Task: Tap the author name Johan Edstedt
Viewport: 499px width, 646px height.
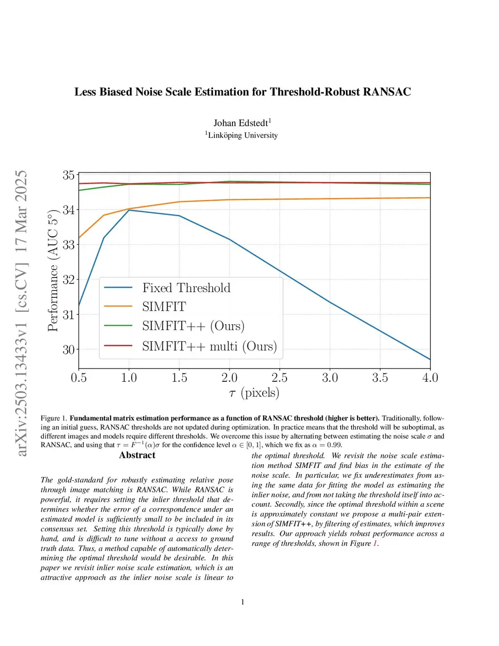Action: pyautogui.click(x=241, y=123)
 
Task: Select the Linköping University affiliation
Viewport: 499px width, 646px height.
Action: pyautogui.click(x=243, y=135)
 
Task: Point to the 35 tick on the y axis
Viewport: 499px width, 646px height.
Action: pyautogui.click(x=68, y=175)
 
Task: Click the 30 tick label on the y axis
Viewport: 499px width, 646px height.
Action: pyautogui.click(x=68, y=350)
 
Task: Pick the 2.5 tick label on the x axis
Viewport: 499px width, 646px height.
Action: pyautogui.click(x=279, y=378)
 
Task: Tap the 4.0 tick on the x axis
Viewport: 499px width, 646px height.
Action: pyautogui.click(x=430, y=378)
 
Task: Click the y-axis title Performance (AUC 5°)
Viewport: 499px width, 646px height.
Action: pyautogui.click(x=53, y=271)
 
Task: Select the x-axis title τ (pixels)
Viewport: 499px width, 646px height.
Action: pyautogui.click(x=254, y=393)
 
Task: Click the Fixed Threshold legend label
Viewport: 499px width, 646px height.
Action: pyautogui.click(x=186, y=288)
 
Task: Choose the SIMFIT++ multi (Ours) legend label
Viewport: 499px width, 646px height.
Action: pyautogui.click(x=210, y=346)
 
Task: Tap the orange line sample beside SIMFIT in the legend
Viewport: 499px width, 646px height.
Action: pyautogui.click(x=118, y=306)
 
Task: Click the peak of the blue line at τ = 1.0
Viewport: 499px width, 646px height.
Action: pyautogui.click(x=129, y=210)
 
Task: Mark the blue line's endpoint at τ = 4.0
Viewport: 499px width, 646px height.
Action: pyautogui.click(x=430, y=359)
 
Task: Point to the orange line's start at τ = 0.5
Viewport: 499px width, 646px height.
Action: pyautogui.click(x=79, y=238)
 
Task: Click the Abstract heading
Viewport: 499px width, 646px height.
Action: pyautogui.click(x=137, y=455)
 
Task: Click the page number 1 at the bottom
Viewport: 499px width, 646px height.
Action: pyautogui.click(x=243, y=602)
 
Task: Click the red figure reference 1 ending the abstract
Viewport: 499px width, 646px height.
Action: pyautogui.click(x=375, y=543)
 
